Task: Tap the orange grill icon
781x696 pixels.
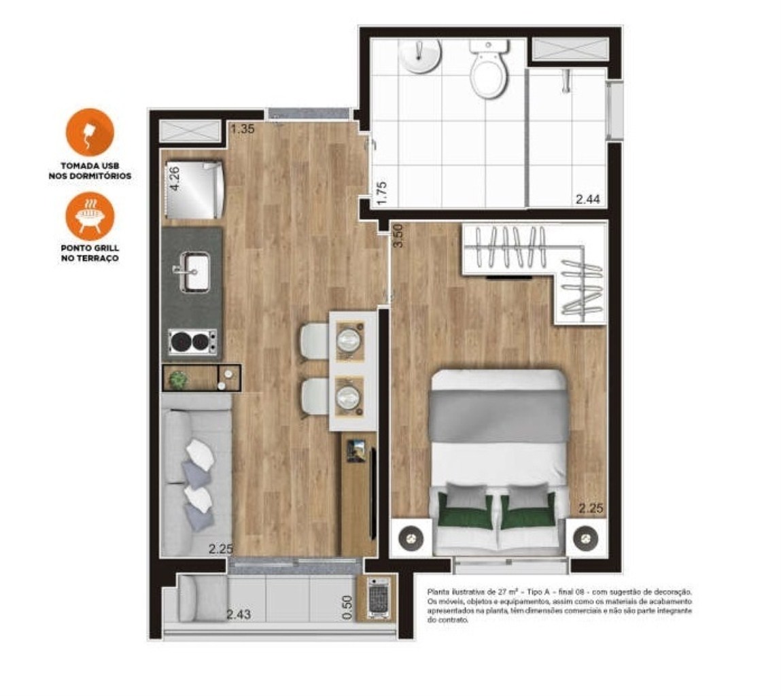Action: click(90, 216)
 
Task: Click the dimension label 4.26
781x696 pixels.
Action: click(175, 178)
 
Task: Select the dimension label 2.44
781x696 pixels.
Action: click(588, 199)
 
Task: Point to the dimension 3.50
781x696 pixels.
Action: click(400, 234)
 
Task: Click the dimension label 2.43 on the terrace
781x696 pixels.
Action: click(239, 614)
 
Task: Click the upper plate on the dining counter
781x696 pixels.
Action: click(351, 338)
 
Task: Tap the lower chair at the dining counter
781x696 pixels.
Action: click(315, 396)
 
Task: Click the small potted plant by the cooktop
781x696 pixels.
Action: click(179, 379)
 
